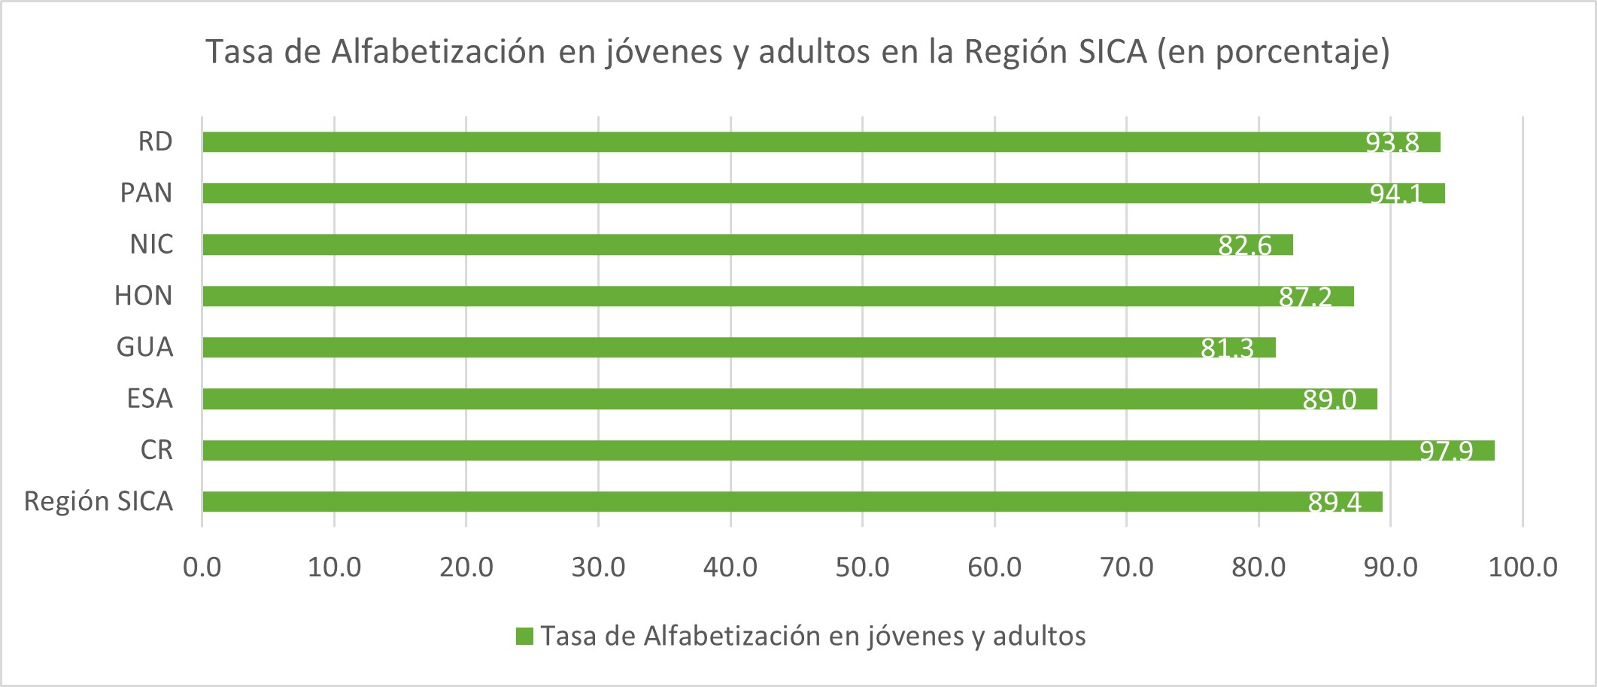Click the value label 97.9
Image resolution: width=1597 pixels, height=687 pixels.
pyautogui.click(x=1446, y=451)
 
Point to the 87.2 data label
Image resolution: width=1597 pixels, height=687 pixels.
pyautogui.click(x=1305, y=296)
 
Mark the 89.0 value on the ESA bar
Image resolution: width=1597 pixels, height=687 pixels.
pyautogui.click(x=1329, y=399)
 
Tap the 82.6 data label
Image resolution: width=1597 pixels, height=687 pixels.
pyautogui.click(x=1245, y=245)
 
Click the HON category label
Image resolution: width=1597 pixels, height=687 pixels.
pyautogui.click(x=143, y=296)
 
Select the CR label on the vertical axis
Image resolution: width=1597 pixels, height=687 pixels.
pyautogui.click(x=156, y=450)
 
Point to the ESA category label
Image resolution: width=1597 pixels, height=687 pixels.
pyautogui.click(x=150, y=398)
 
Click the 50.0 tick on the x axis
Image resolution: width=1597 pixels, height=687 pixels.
pyautogui.click(x=862, y=567)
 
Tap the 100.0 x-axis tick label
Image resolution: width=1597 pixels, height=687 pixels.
pyautogui.click(x=1523, y=567)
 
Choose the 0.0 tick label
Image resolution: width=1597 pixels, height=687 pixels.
pyautogui.click(x=202, y=567)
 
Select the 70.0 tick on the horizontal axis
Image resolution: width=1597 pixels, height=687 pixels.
pyautogui.click(x=1126, y=567)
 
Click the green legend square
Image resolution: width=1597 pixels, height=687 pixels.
pyautogui.click(x=524, y=637)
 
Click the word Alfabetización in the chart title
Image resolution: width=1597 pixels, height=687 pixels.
pyautogui.click(x=438, y=52)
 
